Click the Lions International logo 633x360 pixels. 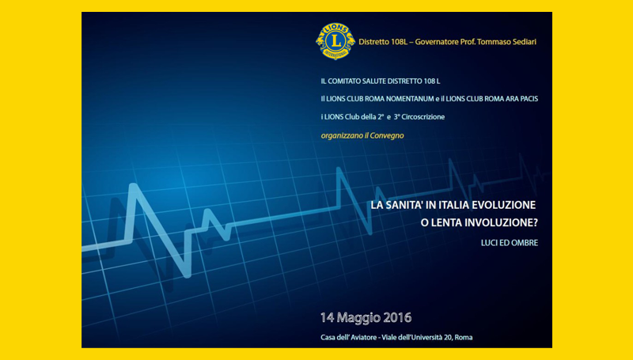click(x=335, y=41)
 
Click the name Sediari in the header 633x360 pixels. click(x=525, y=42)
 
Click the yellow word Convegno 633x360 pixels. click(x=387, y=135)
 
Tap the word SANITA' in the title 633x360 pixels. click(x=404, y=205)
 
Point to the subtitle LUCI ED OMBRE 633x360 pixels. click(x=510, y=243)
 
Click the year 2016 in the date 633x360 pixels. click(x=397, y=317)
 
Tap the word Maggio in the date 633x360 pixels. click(x=359, y=318)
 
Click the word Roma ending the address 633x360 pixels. click(x=464, y=337)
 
